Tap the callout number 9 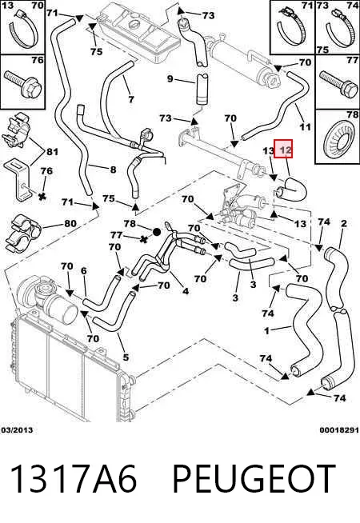click(170, 79)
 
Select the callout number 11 click(305, 126)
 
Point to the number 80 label click(70, 223)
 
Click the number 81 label click(52, 152)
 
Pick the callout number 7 click(131, 99)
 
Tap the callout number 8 click(113, 170)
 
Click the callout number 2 click(344, 223)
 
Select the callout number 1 click(266, 331)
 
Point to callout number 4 click(186, 291)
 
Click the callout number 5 click(126, 357)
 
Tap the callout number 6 click(84, 271)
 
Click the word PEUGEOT click(254, 478)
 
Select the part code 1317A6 click(74, 478)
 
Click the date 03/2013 click(17, 430)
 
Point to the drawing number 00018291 click(339, 430)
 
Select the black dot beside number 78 click(157, 232)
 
